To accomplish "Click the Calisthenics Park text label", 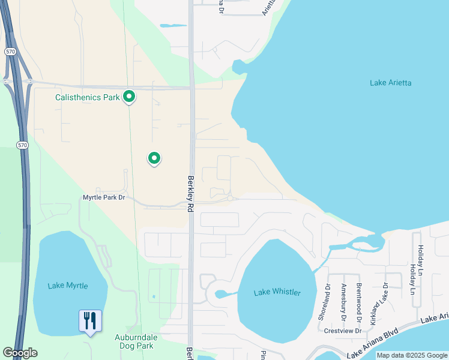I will [88, 97].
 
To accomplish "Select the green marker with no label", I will [154, 158].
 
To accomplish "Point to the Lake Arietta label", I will [390, 83].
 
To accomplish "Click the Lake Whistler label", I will [277, 293].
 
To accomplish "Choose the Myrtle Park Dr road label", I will [104, 197].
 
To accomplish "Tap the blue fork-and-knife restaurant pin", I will [90, 321].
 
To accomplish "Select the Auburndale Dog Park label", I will [134, 341].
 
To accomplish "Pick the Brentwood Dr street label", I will [359, 298].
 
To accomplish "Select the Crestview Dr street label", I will [342, 331].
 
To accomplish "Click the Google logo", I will [20, 353].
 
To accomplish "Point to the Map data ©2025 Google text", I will [411, 355].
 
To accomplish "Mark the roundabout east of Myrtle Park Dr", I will [230, 198].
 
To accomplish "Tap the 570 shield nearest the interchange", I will [10, 52].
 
